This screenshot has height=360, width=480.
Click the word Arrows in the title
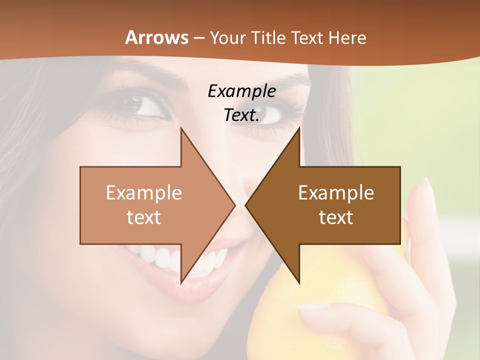pyautogui.click(x=156, y=37)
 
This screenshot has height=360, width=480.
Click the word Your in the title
pyautogui.click(x=227, y=37)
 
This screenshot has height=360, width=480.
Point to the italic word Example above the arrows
pyautogui.click(x=242, y=91)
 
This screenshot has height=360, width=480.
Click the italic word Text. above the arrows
pyautogui.click(x=242, y=115)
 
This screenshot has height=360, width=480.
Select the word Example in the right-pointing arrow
pyautogui.click(x=144, y=192)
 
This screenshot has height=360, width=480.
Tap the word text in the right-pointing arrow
pyautogui.click(x=144, y=217)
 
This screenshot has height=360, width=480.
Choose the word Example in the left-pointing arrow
pyautogui.click(x=336, y=192)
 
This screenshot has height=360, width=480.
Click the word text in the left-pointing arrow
pyautogui.click(x=336, y=217)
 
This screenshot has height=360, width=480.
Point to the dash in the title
pyautogui.click(x=199, y=38)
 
